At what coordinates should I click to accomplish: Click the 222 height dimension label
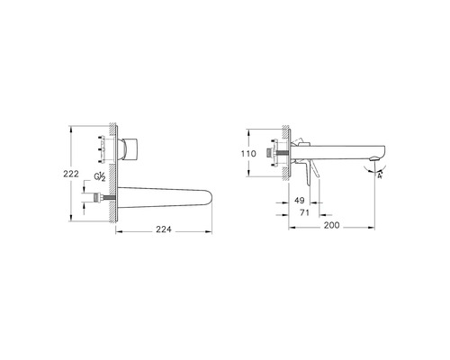coord(71,174)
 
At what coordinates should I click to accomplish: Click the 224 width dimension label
coord(164,229)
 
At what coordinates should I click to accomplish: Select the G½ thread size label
coord(100,177)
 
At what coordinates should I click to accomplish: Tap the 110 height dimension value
coord(248,154)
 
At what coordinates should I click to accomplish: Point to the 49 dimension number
coord(300,200)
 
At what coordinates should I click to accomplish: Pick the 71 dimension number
coord(304,212)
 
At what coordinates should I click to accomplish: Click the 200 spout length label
coord(331,225)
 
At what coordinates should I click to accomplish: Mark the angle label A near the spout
coord(380,175)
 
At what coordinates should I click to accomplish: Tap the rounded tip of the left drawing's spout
coord(209,197)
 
